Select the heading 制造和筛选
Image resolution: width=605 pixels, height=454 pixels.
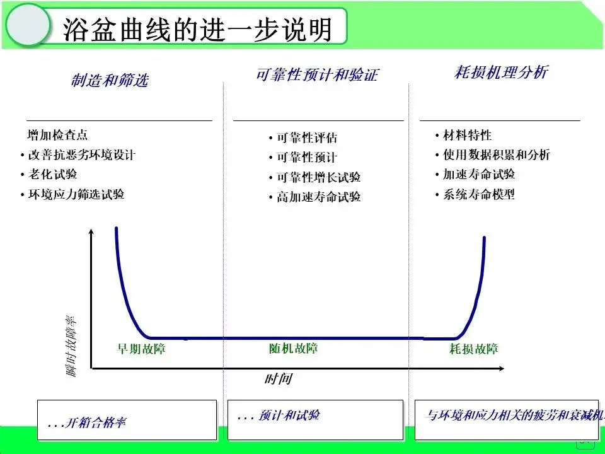pos(110,80)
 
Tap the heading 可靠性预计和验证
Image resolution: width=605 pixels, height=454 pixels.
pos(317,75)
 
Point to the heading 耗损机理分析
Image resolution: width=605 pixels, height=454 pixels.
pos(501,72)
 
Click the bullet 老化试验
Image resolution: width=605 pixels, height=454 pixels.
pos(52,175)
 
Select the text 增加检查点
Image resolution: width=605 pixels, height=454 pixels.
pos(57,135)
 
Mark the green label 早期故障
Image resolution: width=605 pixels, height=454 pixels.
pos(142,348)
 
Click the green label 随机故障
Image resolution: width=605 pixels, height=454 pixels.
pos(293,348)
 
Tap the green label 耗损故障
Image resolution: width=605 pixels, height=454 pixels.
pos(473,349)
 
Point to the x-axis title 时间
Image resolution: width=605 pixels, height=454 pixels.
pos(278,379)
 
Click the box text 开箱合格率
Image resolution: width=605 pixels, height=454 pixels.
pos(95,422)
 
